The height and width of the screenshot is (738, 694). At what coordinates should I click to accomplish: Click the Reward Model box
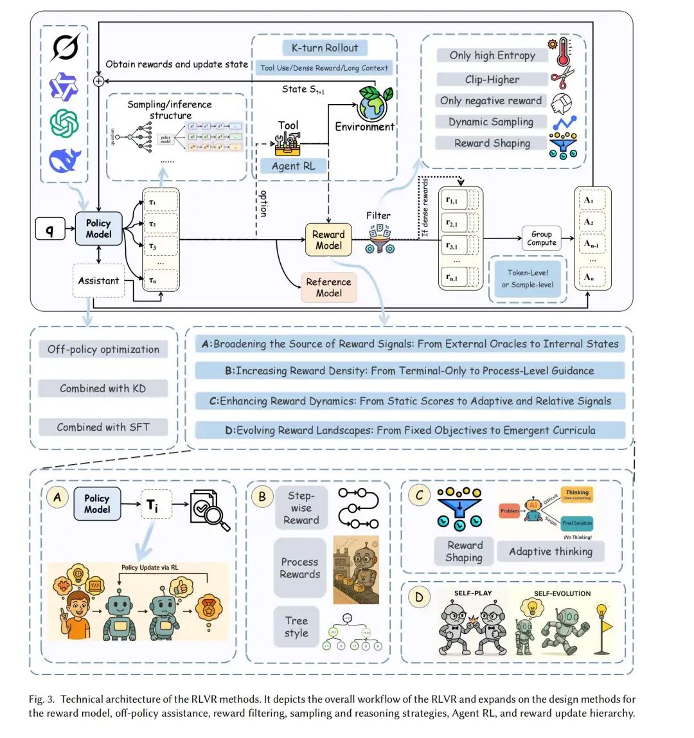coord(328,240)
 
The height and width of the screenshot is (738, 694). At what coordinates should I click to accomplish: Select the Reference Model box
coord(328,287)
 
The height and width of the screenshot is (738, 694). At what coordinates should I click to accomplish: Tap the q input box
coord(49,229)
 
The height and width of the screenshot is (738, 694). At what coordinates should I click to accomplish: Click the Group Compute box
coord(541,238)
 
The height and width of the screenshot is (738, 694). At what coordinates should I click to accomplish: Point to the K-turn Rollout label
coord(325,48)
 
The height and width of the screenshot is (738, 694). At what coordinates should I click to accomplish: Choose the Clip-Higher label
coord(492,79)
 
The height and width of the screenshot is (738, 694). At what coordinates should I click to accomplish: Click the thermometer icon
coord(563,51)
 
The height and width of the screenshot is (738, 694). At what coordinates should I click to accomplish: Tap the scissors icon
coord(562,78)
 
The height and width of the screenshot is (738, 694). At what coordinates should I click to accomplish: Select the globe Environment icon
coord(372,103)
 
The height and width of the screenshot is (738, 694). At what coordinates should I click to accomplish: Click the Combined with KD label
coord(103,388)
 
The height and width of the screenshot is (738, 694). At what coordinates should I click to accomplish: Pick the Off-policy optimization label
coord(103,349)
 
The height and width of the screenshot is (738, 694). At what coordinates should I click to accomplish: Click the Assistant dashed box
coord(98,280)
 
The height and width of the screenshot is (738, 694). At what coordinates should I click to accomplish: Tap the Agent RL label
coord(294,166)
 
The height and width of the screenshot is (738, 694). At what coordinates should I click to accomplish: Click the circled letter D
coord(419,597)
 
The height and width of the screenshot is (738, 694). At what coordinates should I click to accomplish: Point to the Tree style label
coord(296,627)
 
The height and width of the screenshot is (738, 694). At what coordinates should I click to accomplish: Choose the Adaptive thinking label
coord(550,551)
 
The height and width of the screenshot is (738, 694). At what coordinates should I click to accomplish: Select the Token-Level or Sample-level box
coord(528,278)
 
